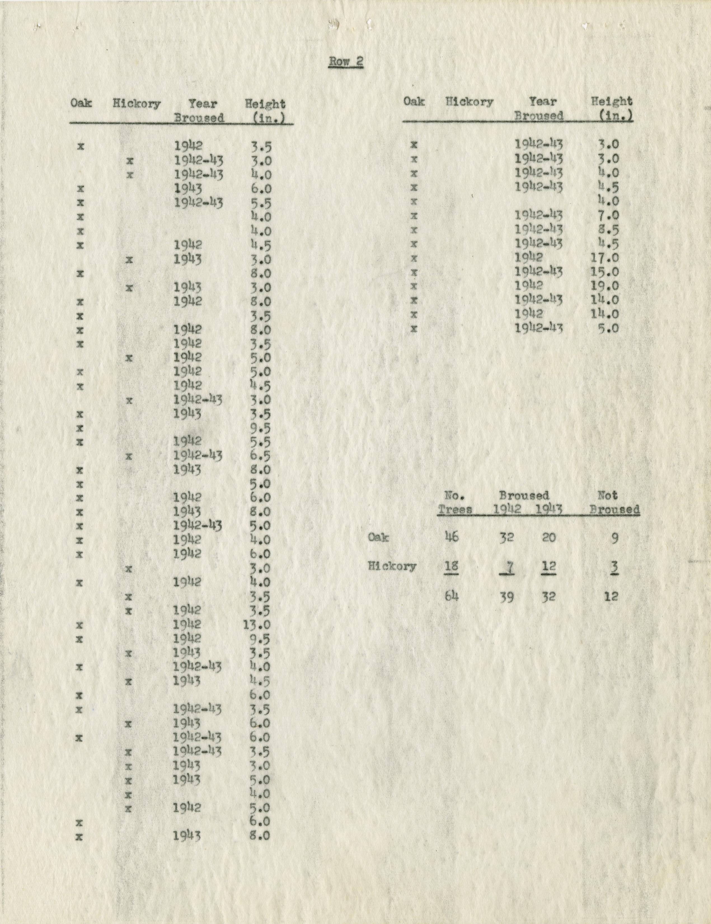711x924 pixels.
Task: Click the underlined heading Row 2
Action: (x=346, y=62)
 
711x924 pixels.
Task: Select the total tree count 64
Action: (x=452, y=596)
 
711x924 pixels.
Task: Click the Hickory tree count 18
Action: (x=452, y=566)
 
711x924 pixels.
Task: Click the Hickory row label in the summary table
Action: (x=392, y=566)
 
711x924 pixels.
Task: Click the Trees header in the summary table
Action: (x=455, y=509)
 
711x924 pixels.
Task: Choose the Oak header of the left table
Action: (x=81, y=103)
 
